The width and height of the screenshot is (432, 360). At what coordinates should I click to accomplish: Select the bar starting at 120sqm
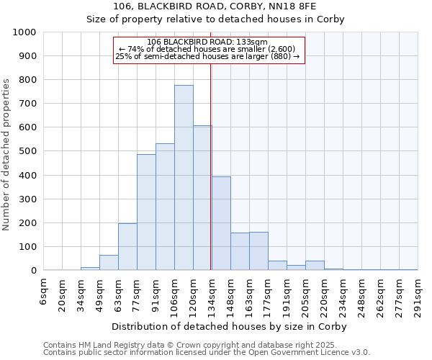[202, 198]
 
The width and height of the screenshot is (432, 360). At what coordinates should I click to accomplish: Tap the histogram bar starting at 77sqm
[146, 212]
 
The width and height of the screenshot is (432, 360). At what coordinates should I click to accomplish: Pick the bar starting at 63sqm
[127, 247]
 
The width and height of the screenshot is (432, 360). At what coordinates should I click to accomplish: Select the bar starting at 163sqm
[258, 251]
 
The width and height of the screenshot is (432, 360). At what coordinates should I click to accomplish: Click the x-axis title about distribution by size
[230, 327]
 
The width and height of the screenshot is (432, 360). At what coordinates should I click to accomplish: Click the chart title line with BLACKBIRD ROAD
[215, 6]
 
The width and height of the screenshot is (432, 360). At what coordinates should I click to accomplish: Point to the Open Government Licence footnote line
[207, 353]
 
